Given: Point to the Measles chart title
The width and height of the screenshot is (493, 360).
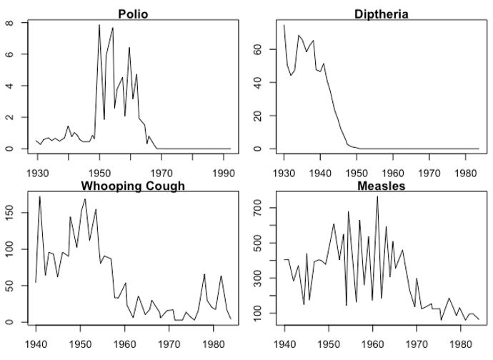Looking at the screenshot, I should pyautogui.click(x=379, y=186).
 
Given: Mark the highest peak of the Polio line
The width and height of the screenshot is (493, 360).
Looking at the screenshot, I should pyautogui.click(x=99, y=25).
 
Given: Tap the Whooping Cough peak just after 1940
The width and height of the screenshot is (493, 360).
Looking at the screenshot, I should pyautogui.click(x=40, y=196).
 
